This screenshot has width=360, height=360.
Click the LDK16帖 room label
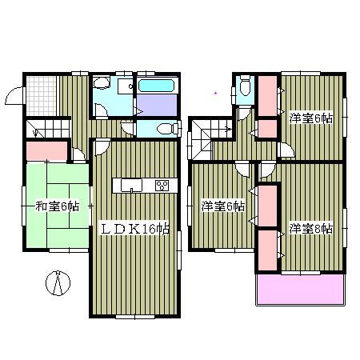tap(134, 229)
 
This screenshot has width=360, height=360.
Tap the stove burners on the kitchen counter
tap(162, 186)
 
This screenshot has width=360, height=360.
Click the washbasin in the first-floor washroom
tap(102, 84)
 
